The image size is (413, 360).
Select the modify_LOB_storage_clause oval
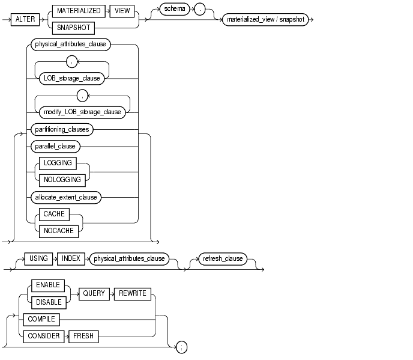82,111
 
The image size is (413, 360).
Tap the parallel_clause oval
53,146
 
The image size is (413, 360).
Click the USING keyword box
39,259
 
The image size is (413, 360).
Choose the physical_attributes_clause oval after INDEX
128,259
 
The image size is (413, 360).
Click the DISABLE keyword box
47,302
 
